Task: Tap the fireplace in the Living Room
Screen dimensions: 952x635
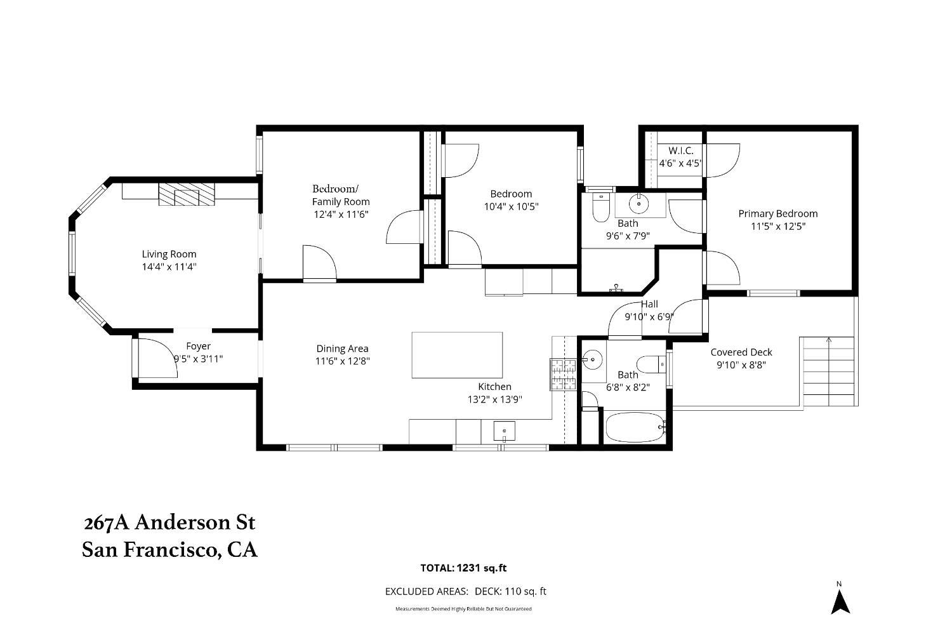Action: click(187, 194)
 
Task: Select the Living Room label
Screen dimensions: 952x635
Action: click(169, 255)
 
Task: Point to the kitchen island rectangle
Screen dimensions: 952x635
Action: click(457, 355)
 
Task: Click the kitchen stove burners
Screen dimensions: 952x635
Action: click(564, 375)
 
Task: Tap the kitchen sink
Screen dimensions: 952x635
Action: click(504, 431)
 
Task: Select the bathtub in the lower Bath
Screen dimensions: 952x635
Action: click(635, 427)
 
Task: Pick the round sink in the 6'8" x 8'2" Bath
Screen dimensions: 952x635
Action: click(592, 360)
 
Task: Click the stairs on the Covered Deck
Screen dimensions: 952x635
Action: click(829, 371)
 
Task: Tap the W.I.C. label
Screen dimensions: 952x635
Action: click(681, 150)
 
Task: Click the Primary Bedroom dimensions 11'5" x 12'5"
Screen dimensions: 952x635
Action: click(778, 226)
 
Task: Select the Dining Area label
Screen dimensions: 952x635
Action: click(342, 349)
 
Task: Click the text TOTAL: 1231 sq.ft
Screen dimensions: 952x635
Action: click(463, 568)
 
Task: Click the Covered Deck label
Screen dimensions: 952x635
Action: click(741, 352)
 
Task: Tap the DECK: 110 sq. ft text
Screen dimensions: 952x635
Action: click(510, 591)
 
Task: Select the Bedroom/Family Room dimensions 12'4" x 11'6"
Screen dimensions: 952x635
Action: click(341, 215)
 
